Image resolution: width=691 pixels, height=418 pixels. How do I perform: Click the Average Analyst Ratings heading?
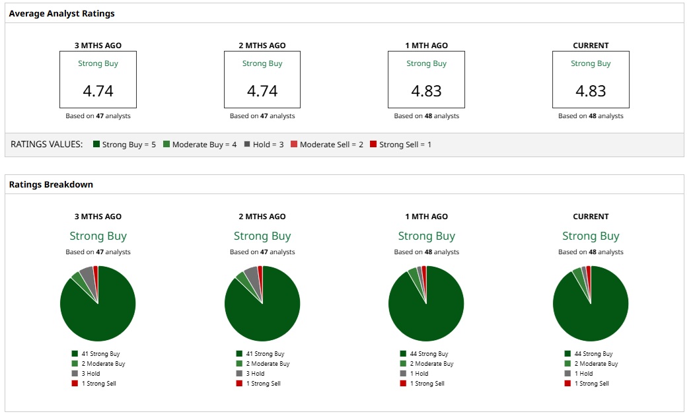pos(61,13)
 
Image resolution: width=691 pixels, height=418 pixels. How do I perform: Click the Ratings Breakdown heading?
pos(51,184)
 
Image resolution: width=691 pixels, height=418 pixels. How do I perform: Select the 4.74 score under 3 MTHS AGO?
pos(98,91)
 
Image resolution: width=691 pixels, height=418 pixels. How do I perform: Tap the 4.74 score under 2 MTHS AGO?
pos(262,91)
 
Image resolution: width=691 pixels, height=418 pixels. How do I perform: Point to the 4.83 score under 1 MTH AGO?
pos(426,91)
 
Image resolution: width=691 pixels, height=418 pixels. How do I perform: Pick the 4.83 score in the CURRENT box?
pos(591,91)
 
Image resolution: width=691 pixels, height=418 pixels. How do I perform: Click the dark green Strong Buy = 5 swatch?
pos(96,144)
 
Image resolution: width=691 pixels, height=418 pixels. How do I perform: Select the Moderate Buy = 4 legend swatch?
pos(166,144)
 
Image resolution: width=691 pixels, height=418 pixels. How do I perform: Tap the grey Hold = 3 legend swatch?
pos(247,144)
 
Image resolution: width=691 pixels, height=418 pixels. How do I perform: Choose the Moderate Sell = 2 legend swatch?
pos(294,144)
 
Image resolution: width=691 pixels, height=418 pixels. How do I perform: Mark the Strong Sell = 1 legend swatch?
pos(373,144)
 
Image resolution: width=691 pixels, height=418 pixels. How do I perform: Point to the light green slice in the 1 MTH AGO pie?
pos(414,274)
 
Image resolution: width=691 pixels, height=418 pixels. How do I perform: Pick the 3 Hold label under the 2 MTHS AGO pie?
pos(255,374)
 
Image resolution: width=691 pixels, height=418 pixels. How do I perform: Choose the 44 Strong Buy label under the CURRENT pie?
pos(593,354)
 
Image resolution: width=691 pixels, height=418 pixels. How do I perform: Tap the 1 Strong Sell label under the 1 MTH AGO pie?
pos(427,384)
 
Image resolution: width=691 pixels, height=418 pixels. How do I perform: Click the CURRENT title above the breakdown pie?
pos(591,217)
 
